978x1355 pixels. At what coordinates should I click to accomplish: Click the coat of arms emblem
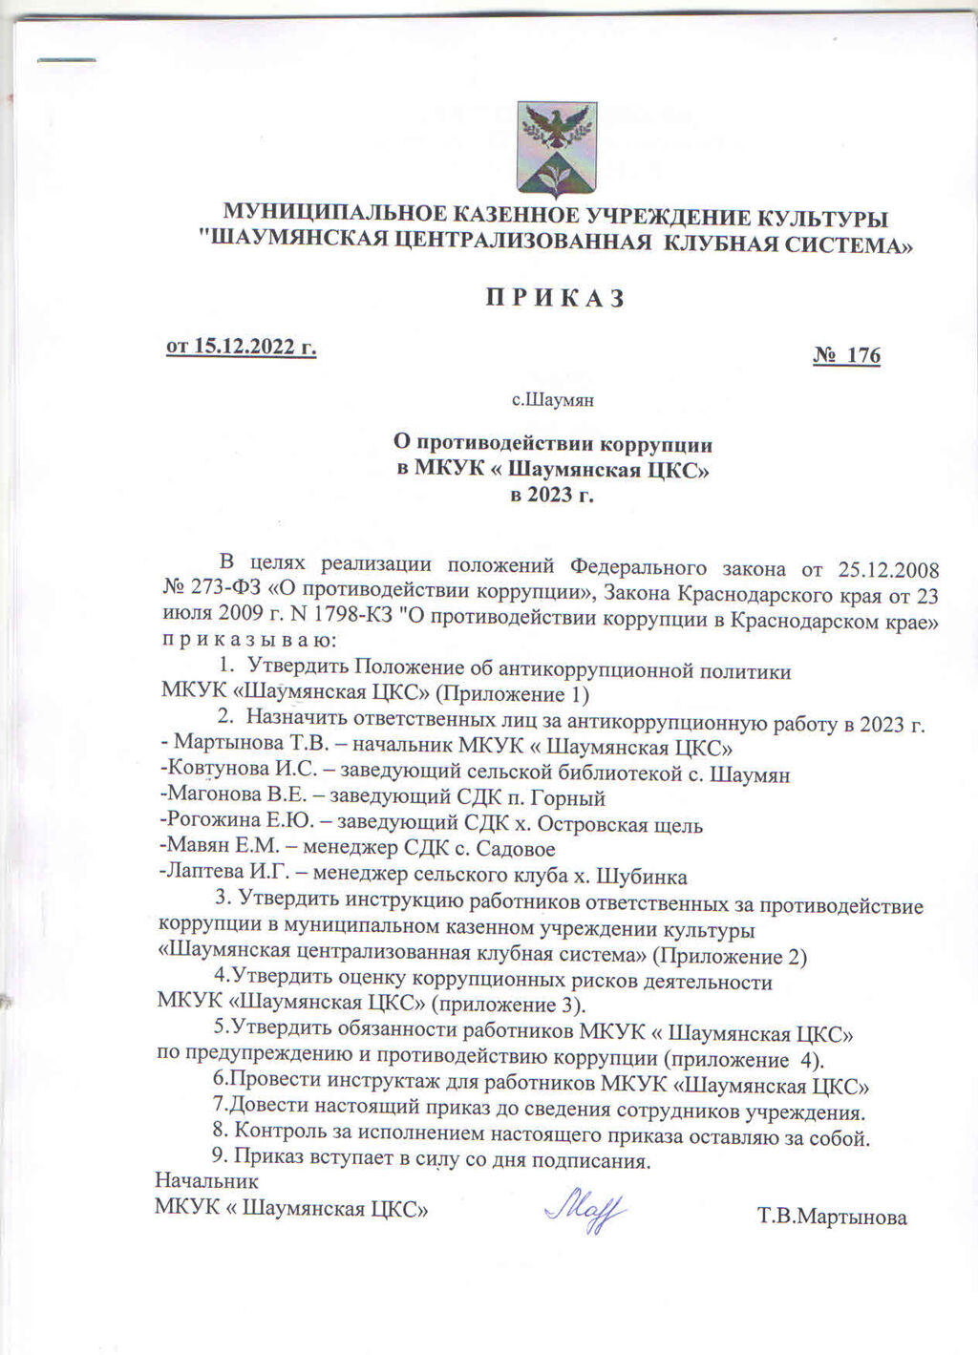pyautogui.click(x=556, y=149)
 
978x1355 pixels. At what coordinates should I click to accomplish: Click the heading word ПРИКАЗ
pyautogui.click(x=555, y=298)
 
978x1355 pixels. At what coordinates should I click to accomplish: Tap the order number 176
pyautogui.click(x=863, y=356)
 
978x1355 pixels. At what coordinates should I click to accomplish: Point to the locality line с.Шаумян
pyautogui.click(x=554, y=400)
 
